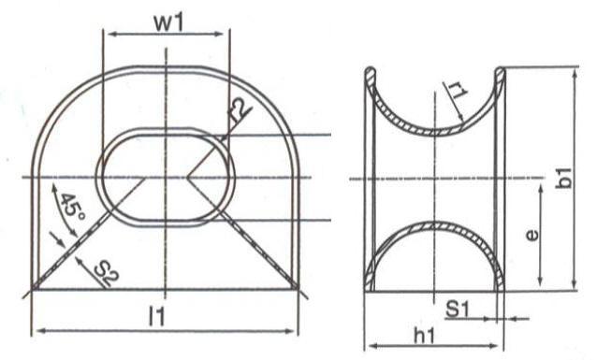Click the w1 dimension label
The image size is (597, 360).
[168, 22]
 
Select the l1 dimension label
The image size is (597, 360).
[157, 316]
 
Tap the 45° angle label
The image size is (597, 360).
[72, 209]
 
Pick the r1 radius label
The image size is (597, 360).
[457, 92]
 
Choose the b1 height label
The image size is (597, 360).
[563, 178]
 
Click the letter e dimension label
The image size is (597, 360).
[531, 236]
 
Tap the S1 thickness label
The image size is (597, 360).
[458, 310]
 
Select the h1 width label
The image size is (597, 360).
[425, 336]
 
